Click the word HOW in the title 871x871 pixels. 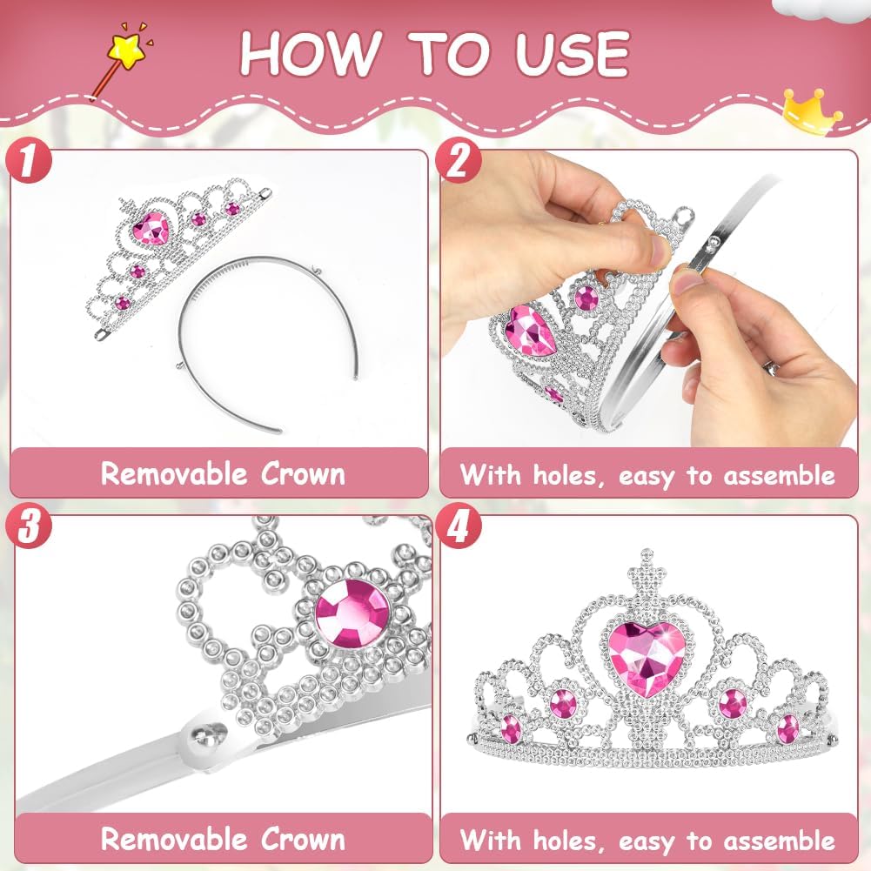point(312,53)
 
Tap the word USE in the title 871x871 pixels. point(573,53)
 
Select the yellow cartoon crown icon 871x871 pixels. point(812,111)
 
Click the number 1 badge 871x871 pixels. point(29,161)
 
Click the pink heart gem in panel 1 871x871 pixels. point(151,228)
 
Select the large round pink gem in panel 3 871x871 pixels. point(352,613)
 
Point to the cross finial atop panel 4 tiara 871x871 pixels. point(646,573)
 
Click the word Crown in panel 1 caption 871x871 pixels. point(304,474)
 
